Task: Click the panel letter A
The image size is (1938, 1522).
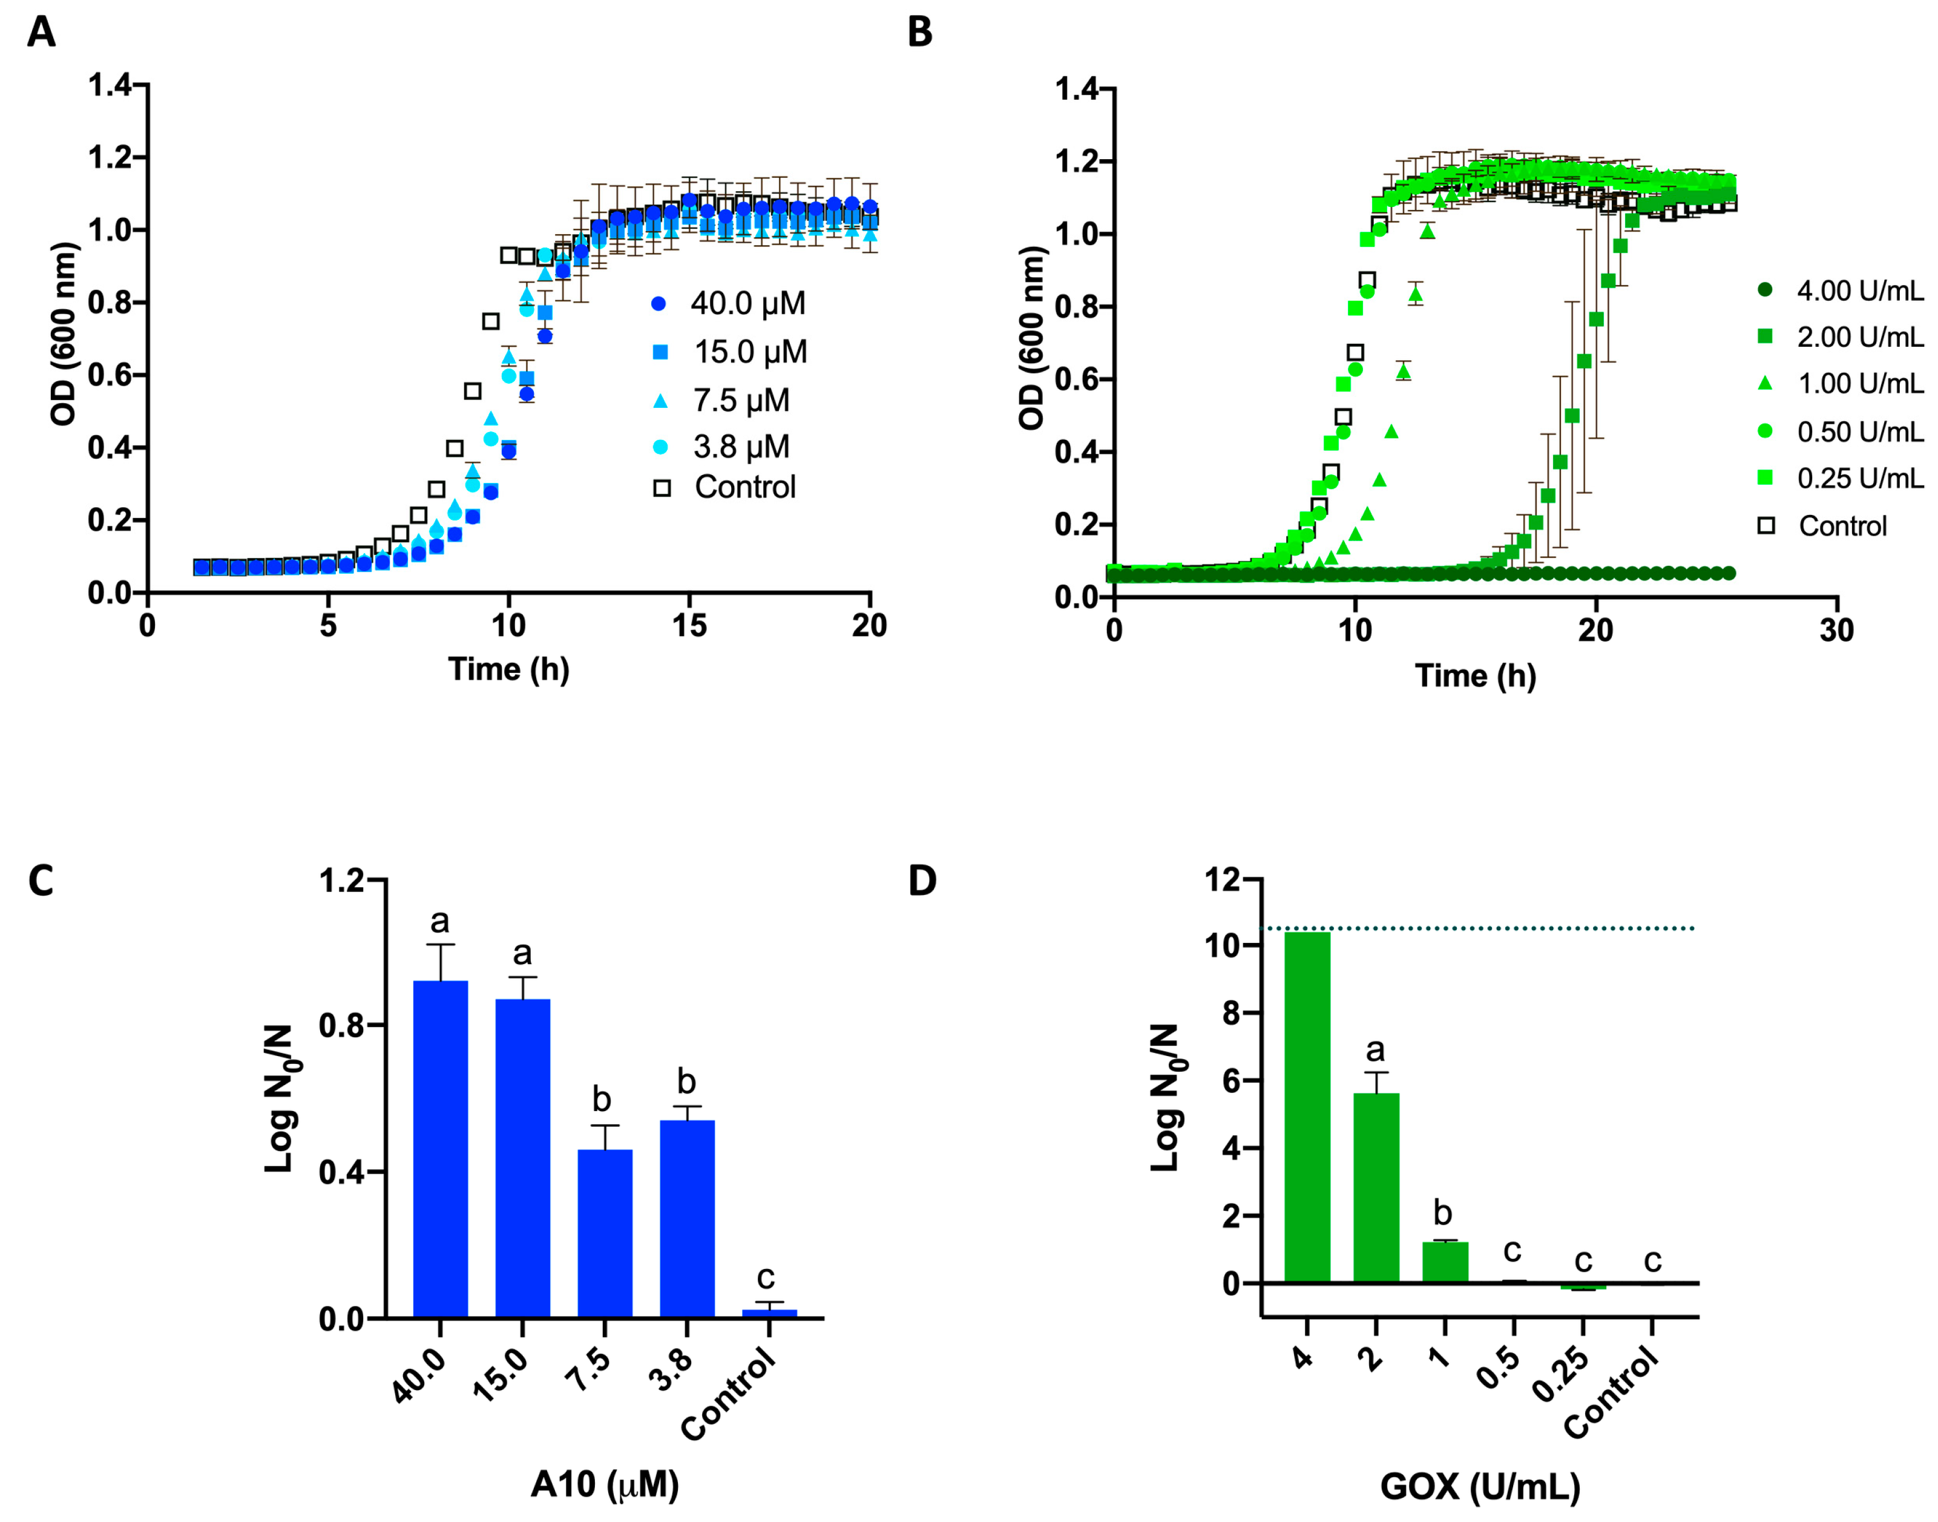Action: (x=41, y=32)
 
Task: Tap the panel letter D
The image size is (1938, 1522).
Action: (x=921, y=881)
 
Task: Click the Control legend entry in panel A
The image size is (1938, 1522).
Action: (x=726, y=487)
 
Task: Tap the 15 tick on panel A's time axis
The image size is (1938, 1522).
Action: (x=689, y=626)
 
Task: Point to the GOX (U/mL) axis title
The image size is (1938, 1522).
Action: (x=1480, y=1486)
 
